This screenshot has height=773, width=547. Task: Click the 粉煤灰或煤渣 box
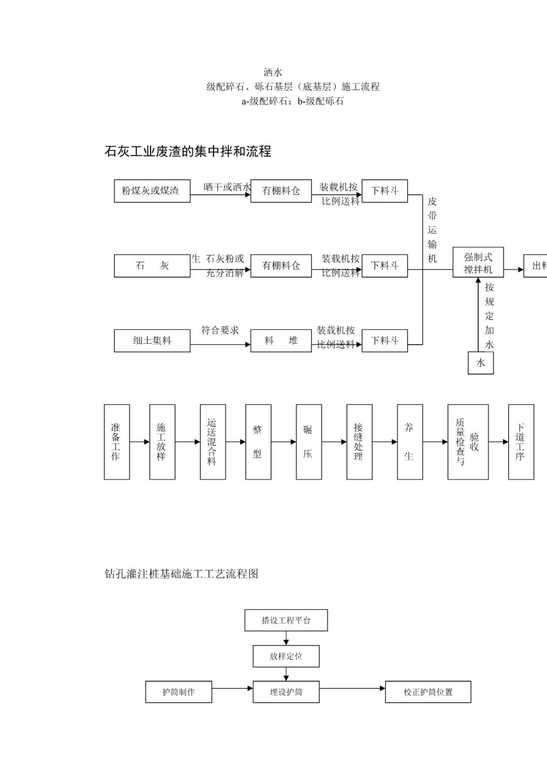pyautogui.click(x=152, y=191)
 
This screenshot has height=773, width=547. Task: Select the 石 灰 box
pyautogui.click(x=152, y=266)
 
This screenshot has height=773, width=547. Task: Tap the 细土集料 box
pyautogui.click(x=152, y=341)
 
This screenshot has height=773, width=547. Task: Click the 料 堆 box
pyautogui.click(x=281, y=341)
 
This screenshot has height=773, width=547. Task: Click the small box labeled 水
pyautogui.click(x=481, y=362)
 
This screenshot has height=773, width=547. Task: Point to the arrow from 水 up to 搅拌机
pyautogui.click(x=479, y=314)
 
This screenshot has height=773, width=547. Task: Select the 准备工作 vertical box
pyautogui.click(x=116, y=442)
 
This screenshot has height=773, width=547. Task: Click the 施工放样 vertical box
pyautogui.click(x=162, y=442)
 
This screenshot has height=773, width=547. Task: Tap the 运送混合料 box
pyautogui.click(x=213, y=442)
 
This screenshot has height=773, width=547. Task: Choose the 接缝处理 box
pyautogui.click(x=359, y=442)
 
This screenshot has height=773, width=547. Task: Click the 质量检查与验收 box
pyautogui.click(x=467, y=442)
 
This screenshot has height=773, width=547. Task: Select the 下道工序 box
pyautogui.click(x=521, y=442)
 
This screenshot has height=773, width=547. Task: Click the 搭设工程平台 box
pyautogui.click(x=286, y=620)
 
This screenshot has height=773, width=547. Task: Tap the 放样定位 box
pyautogui.click(x=286, y=657)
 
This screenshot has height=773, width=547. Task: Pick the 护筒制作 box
pyautogui.click(x=178, y=692)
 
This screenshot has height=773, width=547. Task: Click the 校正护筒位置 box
pyautogui.click(x=428, y=692)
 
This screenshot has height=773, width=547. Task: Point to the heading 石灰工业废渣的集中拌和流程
pyautogui.click(x=187, y=151)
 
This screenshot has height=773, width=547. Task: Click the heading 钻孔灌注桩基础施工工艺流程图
pyautogui.click(x=181, y=574)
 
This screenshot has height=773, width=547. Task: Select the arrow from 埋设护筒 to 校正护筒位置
pyautogui.click(x=352, y=688)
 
